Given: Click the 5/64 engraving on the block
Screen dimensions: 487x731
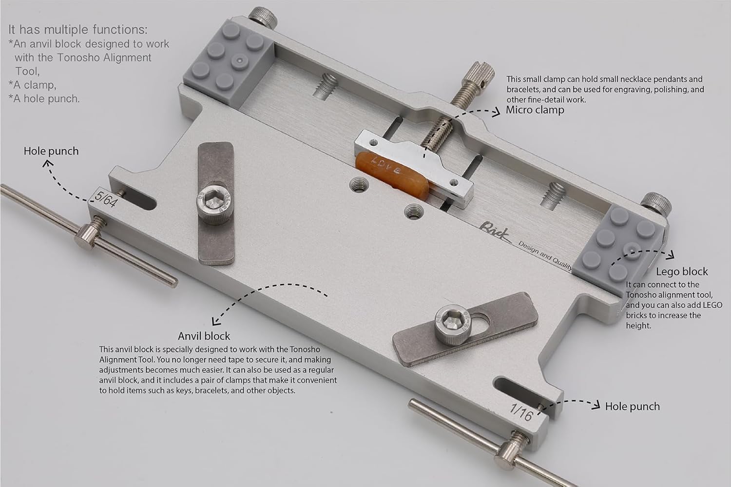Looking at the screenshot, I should tap(106, 200).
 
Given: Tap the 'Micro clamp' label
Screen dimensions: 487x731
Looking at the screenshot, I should tap(535, 110).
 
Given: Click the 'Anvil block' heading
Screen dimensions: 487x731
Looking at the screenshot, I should tap(204, 336).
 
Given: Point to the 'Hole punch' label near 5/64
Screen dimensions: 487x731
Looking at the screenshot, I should tap(51, 151).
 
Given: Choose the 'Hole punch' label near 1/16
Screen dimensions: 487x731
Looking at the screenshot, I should tap(632, 406).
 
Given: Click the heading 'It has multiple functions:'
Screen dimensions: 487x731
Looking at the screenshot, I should tap(78, 29).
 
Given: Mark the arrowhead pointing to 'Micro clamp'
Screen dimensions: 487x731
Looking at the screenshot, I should tap(497, 113).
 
